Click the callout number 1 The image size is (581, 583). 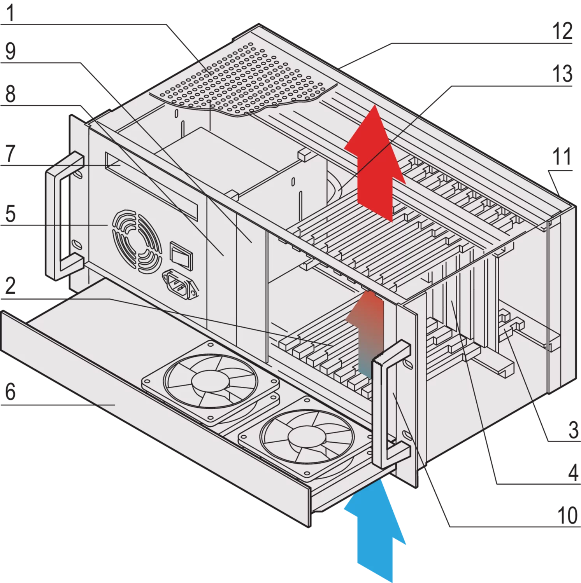pos(11,12)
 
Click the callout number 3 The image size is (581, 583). pos(572,430)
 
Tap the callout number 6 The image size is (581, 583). pos(11,393)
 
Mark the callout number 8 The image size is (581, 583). pos(11,93)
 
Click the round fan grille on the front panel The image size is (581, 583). pos(137,241)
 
